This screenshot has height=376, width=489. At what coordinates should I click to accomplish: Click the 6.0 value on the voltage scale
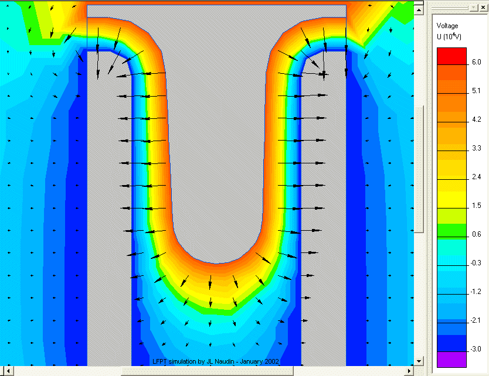476,62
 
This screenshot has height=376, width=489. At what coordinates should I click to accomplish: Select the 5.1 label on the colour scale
476,91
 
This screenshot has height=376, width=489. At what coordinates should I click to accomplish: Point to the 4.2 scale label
476,119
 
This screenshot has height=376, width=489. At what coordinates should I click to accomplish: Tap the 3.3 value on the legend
476,148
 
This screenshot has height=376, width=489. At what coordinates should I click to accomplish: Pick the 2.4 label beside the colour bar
476,177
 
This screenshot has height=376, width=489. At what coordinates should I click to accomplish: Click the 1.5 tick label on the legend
476,206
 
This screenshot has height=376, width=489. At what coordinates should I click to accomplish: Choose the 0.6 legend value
476,234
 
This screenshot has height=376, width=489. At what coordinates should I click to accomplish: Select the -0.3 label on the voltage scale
476,263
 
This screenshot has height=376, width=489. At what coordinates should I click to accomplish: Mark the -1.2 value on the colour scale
476,292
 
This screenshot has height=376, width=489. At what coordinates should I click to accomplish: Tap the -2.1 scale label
476,320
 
